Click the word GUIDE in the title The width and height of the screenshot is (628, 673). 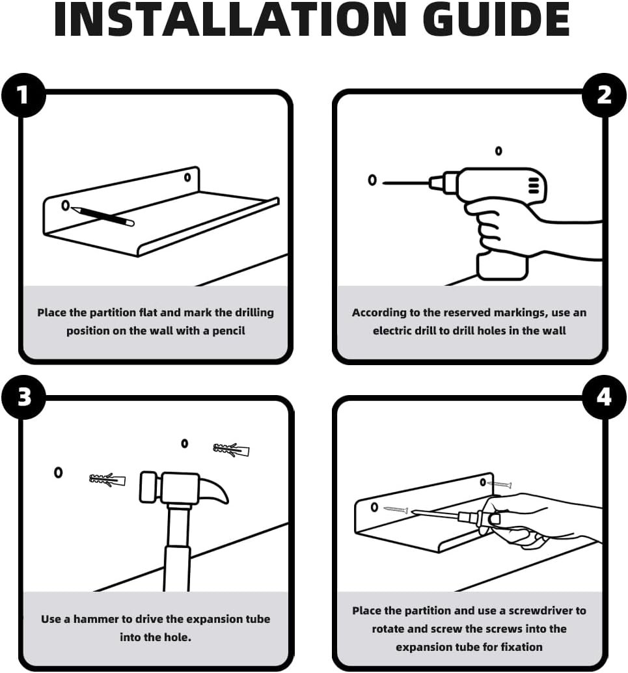(x=497, y=20)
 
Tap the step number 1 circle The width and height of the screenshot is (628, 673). (x=23, y=95)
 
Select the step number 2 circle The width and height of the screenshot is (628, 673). (x=604, y=95)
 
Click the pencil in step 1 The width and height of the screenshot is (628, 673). (x=103, y=216)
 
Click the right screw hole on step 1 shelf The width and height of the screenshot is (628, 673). (x=187, y=177)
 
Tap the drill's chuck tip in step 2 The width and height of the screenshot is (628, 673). (x=431, y=182)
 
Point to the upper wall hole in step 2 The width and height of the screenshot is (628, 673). (x=498, y=150)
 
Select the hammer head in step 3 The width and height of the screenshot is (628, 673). (x=184, y=488)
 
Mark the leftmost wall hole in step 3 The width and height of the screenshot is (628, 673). (x=59, y=473)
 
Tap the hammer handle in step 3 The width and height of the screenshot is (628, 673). (x=177, y=547)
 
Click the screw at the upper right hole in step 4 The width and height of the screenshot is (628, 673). (x=499, y=485)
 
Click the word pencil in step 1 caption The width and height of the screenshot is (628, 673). (x=228, y=331)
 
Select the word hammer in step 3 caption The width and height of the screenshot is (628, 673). (x=96, y=619)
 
